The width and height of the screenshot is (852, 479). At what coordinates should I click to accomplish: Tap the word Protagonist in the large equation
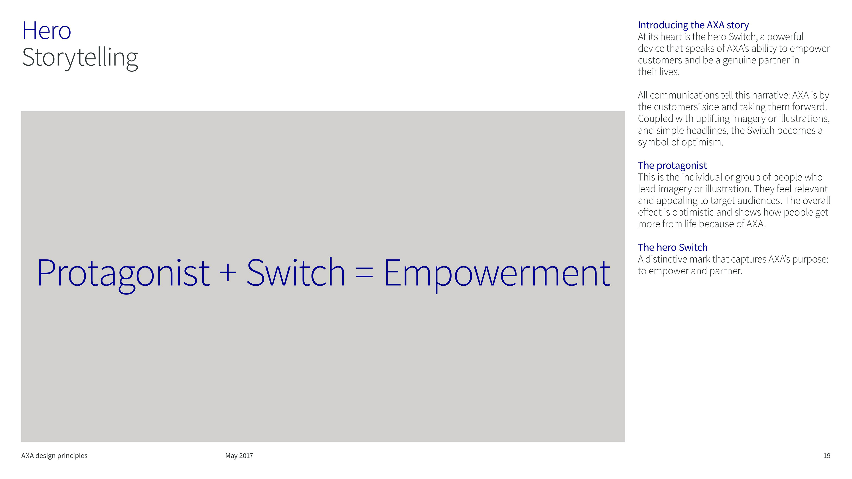pyautogui.click(x=123, y=274)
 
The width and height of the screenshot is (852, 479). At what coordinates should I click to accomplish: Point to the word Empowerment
pyautogui.click(x=497, y=274)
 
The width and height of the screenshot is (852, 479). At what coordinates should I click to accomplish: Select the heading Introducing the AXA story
pyautogui.click(x=693, y=25)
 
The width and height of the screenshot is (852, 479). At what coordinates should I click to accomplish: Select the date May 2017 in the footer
pyautogui.click(x=239, y=456)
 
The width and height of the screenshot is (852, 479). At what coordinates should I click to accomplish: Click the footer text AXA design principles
pyautogui.click(x=54, y=456)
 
